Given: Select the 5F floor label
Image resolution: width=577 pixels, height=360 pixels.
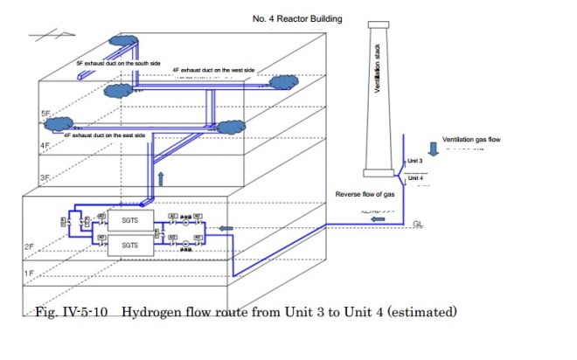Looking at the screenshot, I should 45,114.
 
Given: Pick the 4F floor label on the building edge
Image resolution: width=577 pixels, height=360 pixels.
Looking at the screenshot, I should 45,145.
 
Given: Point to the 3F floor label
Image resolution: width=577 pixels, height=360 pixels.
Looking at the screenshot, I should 45,177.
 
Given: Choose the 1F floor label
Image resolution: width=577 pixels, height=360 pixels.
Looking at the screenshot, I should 29,274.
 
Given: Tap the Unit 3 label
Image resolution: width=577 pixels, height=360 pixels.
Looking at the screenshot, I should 415,162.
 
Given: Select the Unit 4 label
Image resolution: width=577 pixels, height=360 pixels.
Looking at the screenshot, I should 415,179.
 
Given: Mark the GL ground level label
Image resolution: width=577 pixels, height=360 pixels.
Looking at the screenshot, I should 419,224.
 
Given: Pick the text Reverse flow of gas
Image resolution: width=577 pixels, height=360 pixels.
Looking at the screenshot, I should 365,194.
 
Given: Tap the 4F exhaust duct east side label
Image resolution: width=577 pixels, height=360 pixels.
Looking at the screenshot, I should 104,136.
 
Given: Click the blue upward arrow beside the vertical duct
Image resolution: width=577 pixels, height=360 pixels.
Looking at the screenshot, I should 160,179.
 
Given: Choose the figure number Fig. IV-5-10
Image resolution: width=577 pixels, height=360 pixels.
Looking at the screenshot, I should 72,311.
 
